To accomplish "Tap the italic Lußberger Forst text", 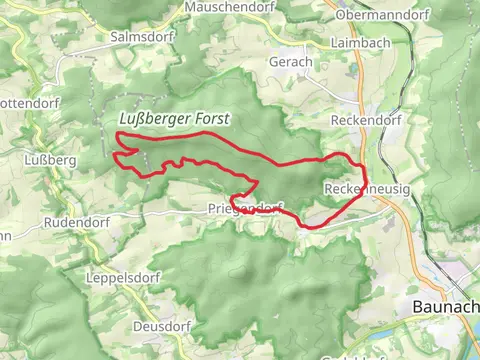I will [174, 119].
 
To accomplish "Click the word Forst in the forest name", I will [211, 119].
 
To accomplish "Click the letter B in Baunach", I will [416, 309].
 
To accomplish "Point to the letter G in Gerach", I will [272, 61].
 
